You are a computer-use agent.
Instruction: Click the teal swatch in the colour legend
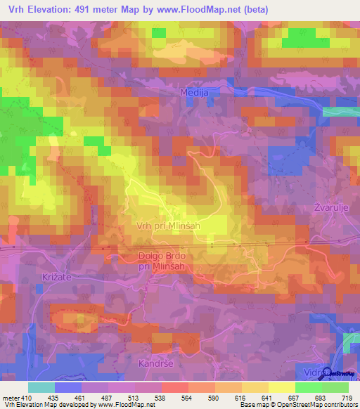tap(41, 387)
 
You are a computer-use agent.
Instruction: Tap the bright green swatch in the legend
tap(309, 387)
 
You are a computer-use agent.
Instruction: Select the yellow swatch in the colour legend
tap(282, 387)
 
